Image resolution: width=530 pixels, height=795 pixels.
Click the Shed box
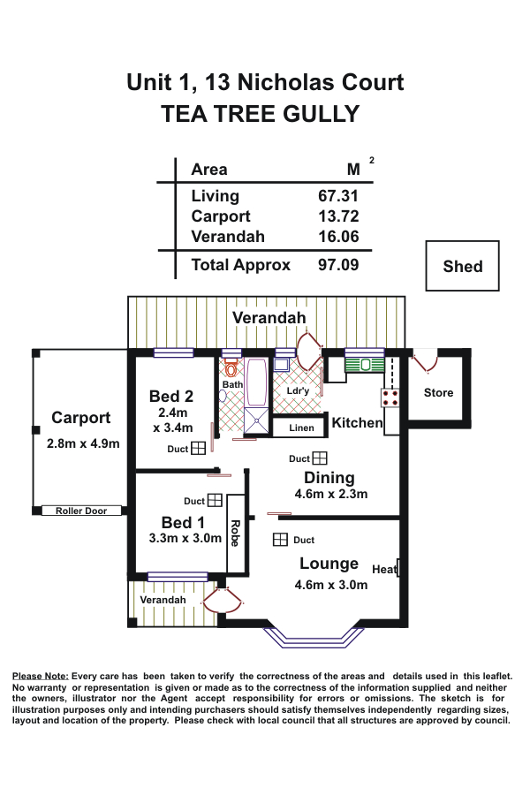point(463,266)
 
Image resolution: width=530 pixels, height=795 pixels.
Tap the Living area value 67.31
point(338,196)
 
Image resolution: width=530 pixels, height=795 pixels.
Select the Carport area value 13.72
point(338,216)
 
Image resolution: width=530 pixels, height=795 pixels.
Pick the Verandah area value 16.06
point(338,237)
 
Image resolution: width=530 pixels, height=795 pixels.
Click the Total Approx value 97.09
point(338,264)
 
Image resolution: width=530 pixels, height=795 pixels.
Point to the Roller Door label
point(80,511)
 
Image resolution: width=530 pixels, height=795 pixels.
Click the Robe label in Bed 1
point(234,533)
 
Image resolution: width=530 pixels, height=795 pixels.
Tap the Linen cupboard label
point(301,428)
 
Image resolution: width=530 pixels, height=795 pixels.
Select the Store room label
point(438,393)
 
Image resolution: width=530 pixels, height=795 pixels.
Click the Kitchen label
point(357,423)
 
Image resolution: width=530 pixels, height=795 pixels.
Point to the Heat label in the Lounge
point(383,569)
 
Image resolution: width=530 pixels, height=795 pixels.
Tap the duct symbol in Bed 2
point(199,449)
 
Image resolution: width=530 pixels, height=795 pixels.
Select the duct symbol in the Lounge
point(280,540)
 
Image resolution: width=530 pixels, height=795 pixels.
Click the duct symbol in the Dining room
point(320,458)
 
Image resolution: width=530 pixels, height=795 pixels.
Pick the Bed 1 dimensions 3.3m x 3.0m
point(185,538)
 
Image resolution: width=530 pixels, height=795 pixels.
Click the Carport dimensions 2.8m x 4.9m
point(83,443)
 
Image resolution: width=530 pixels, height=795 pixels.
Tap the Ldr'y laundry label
point(299,390)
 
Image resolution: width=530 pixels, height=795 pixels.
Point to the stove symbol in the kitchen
point(391,397)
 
